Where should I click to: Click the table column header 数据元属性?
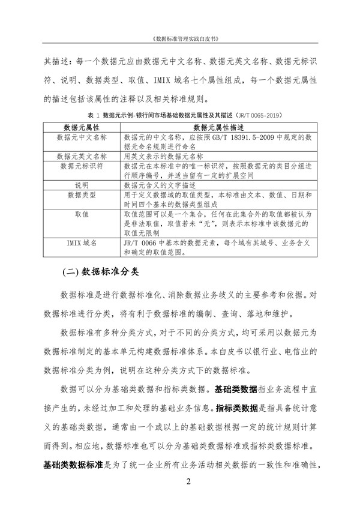(81, 128)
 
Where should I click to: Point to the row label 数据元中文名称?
(81, 137)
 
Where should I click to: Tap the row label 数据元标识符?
(81, 164)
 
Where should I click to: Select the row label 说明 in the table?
(81, 185)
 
